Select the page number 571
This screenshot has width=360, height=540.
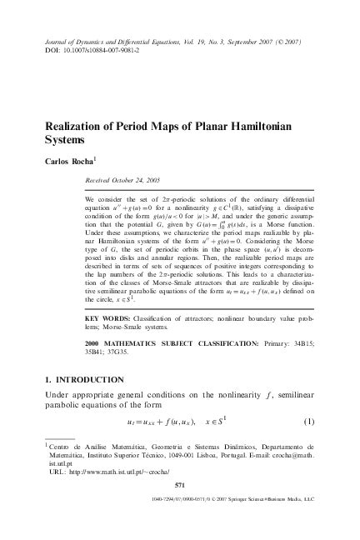coord(180,507)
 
